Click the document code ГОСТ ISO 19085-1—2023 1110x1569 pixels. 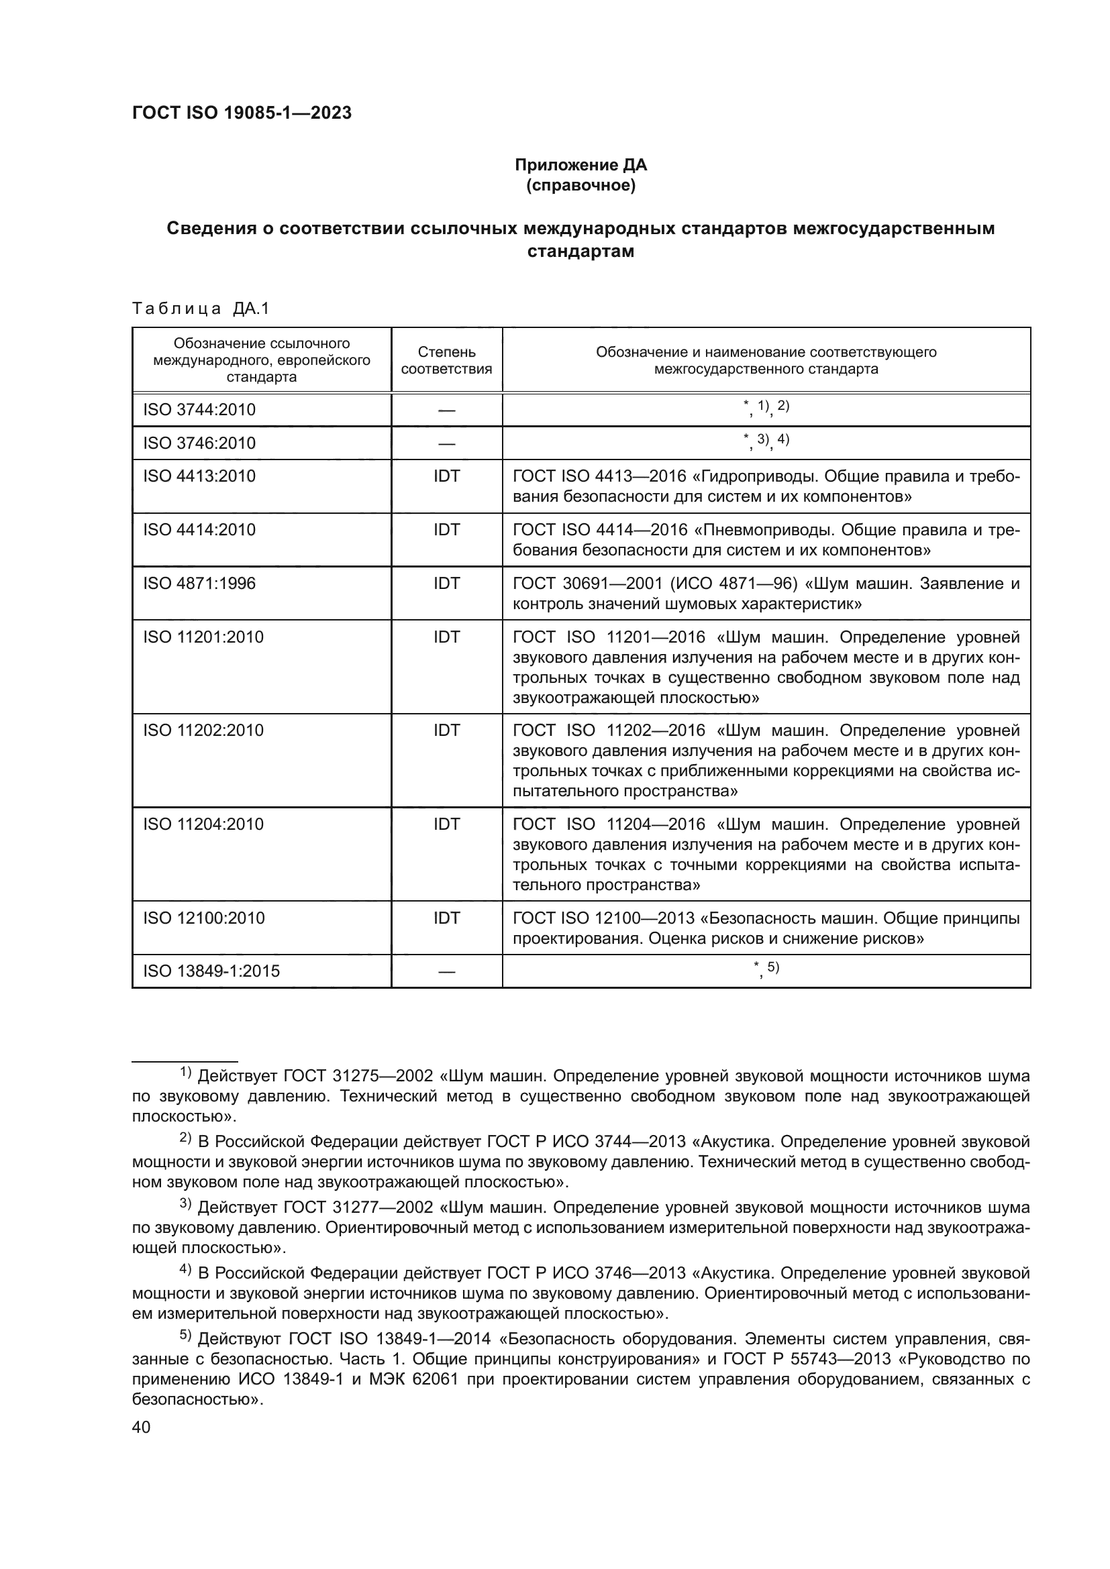(x=242, y=113)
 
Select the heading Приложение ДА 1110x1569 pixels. (x=581, y=165)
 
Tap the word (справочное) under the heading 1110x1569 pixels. (x=581, y=185)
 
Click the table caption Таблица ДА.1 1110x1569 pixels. (x=201, y=309)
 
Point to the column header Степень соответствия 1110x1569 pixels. (x=446, y=360)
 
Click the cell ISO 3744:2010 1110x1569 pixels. (x=199, y=409)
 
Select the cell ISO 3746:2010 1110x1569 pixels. (x=199, y=443)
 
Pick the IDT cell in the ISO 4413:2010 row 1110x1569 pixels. (x=446, y=476)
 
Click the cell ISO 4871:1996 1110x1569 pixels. (x=199, y=583)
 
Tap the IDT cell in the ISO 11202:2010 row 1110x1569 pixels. (x=446, y=730)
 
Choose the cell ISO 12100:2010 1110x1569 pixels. (x=204, y=917)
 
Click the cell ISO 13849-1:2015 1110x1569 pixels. (x=211, y=971)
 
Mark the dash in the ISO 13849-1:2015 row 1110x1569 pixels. (x=446, y=971)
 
